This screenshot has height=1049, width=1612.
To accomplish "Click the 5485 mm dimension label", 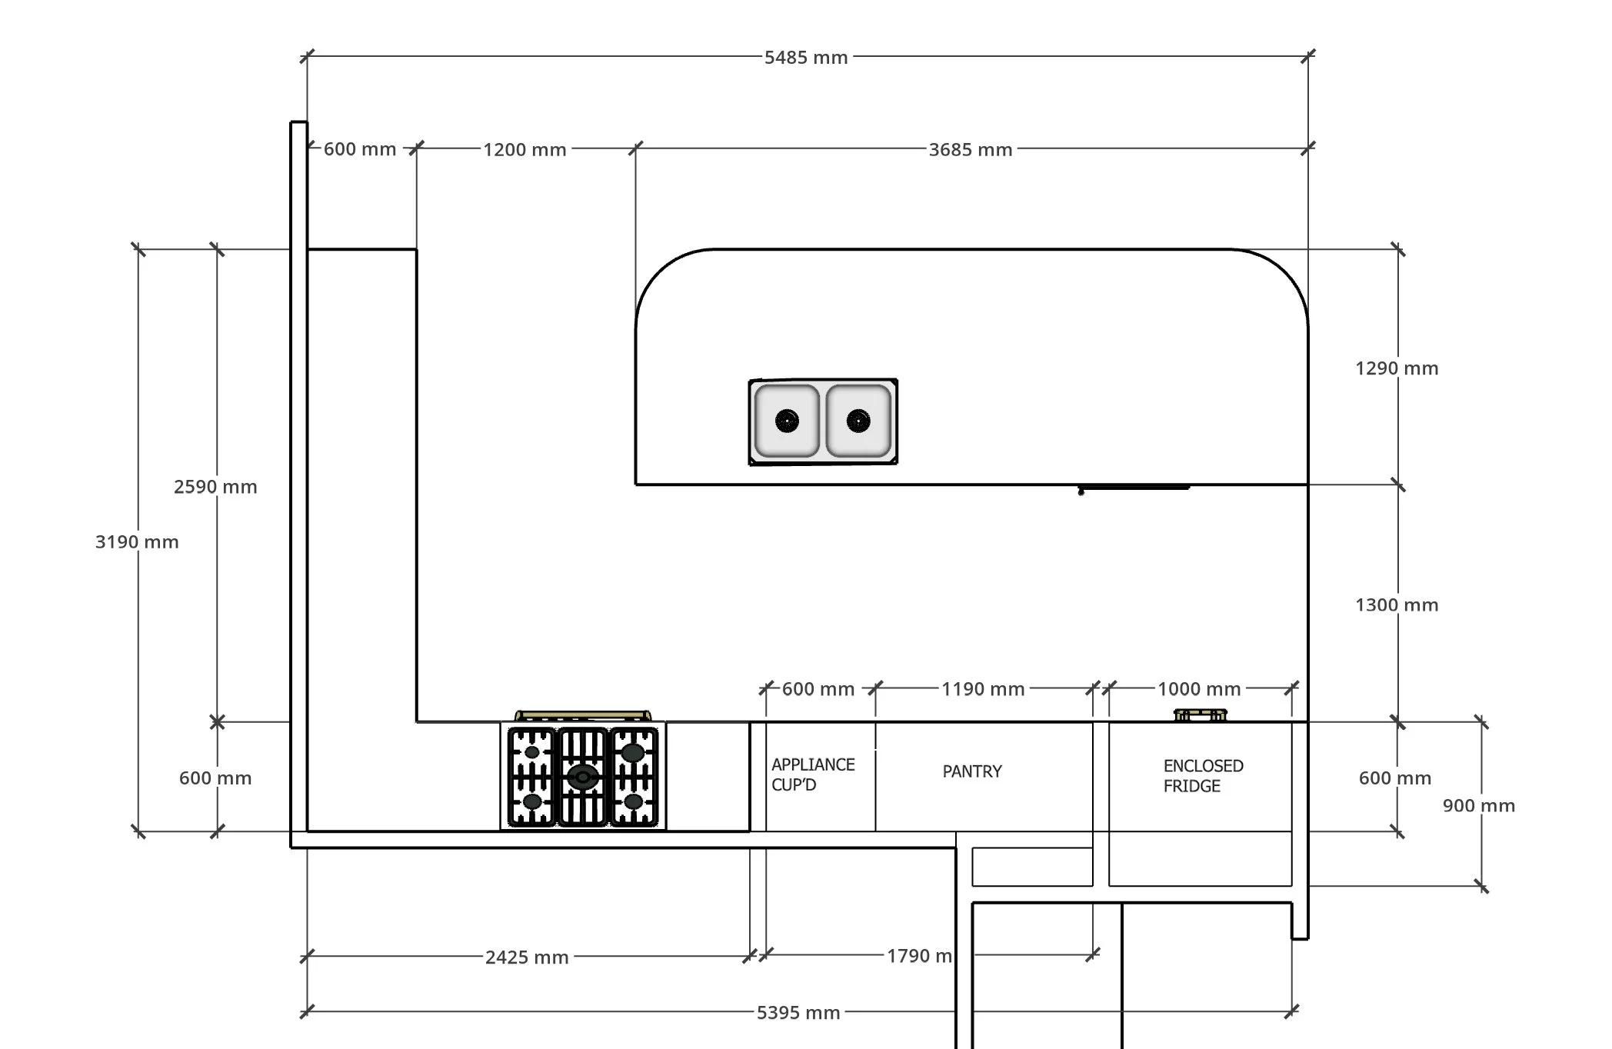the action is coord(805,58).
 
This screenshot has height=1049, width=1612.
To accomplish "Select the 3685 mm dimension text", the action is coord(970,150).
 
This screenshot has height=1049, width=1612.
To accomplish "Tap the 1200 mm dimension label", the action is coord(525,150).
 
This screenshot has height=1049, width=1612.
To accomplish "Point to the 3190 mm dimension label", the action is coord(137,542).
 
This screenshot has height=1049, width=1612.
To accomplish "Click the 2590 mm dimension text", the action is coord(215,487).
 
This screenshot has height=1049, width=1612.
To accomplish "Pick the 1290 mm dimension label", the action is coord(1397,368).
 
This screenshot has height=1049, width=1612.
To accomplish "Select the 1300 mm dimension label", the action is coord(1397,605).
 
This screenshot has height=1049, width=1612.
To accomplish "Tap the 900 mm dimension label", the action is coord(1479,806).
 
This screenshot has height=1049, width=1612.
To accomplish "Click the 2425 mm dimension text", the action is coord(527,957).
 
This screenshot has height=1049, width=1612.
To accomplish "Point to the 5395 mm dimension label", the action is coord(798,1013).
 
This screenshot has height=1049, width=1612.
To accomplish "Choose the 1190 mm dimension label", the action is coord(983,689).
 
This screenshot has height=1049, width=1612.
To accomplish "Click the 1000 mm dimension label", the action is coord(1199,689).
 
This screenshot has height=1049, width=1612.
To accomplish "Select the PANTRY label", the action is coord(972,771).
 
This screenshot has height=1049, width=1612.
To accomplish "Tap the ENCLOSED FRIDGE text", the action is coord(1203,776).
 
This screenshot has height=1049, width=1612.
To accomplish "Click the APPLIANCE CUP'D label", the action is coord(813,774).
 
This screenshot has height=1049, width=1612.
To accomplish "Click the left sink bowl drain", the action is coord(787,421).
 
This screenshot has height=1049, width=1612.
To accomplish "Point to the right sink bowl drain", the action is coord(858,421).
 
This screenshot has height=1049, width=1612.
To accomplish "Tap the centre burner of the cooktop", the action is coord(583,778).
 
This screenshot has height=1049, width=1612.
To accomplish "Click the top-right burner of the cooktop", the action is coord(633,753).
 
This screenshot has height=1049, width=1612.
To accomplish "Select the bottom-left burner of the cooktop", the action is coord(532,802).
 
